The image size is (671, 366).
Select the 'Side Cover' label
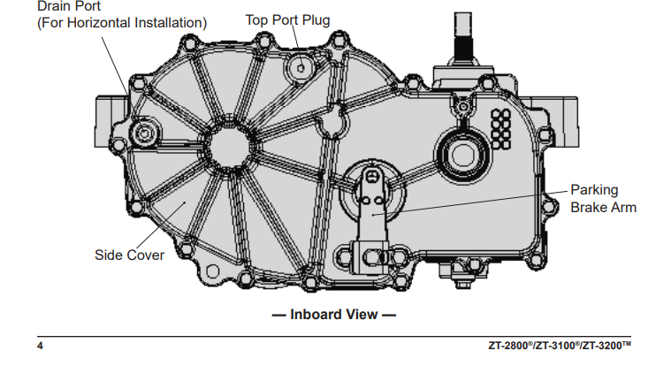[130, 255]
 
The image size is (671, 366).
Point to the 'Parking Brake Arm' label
[603, 199]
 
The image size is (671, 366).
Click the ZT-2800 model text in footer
[512, 345]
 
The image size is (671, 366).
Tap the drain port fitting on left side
[141, 133]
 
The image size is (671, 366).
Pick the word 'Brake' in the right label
[590, 208]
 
